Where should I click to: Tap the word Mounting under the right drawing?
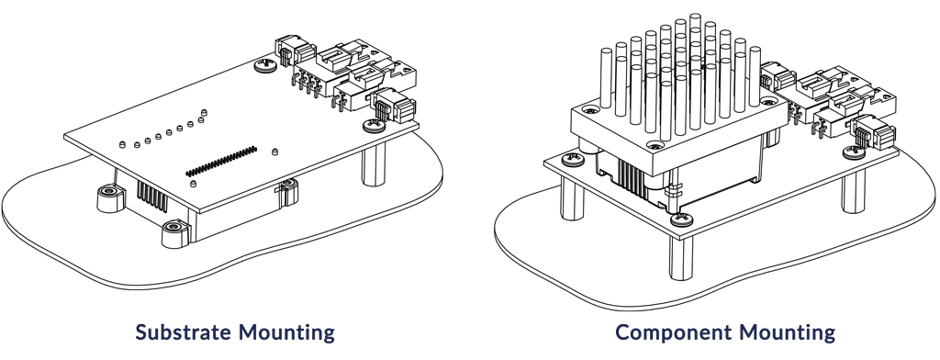pos(788,332)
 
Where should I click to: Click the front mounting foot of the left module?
pos(174,233)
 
